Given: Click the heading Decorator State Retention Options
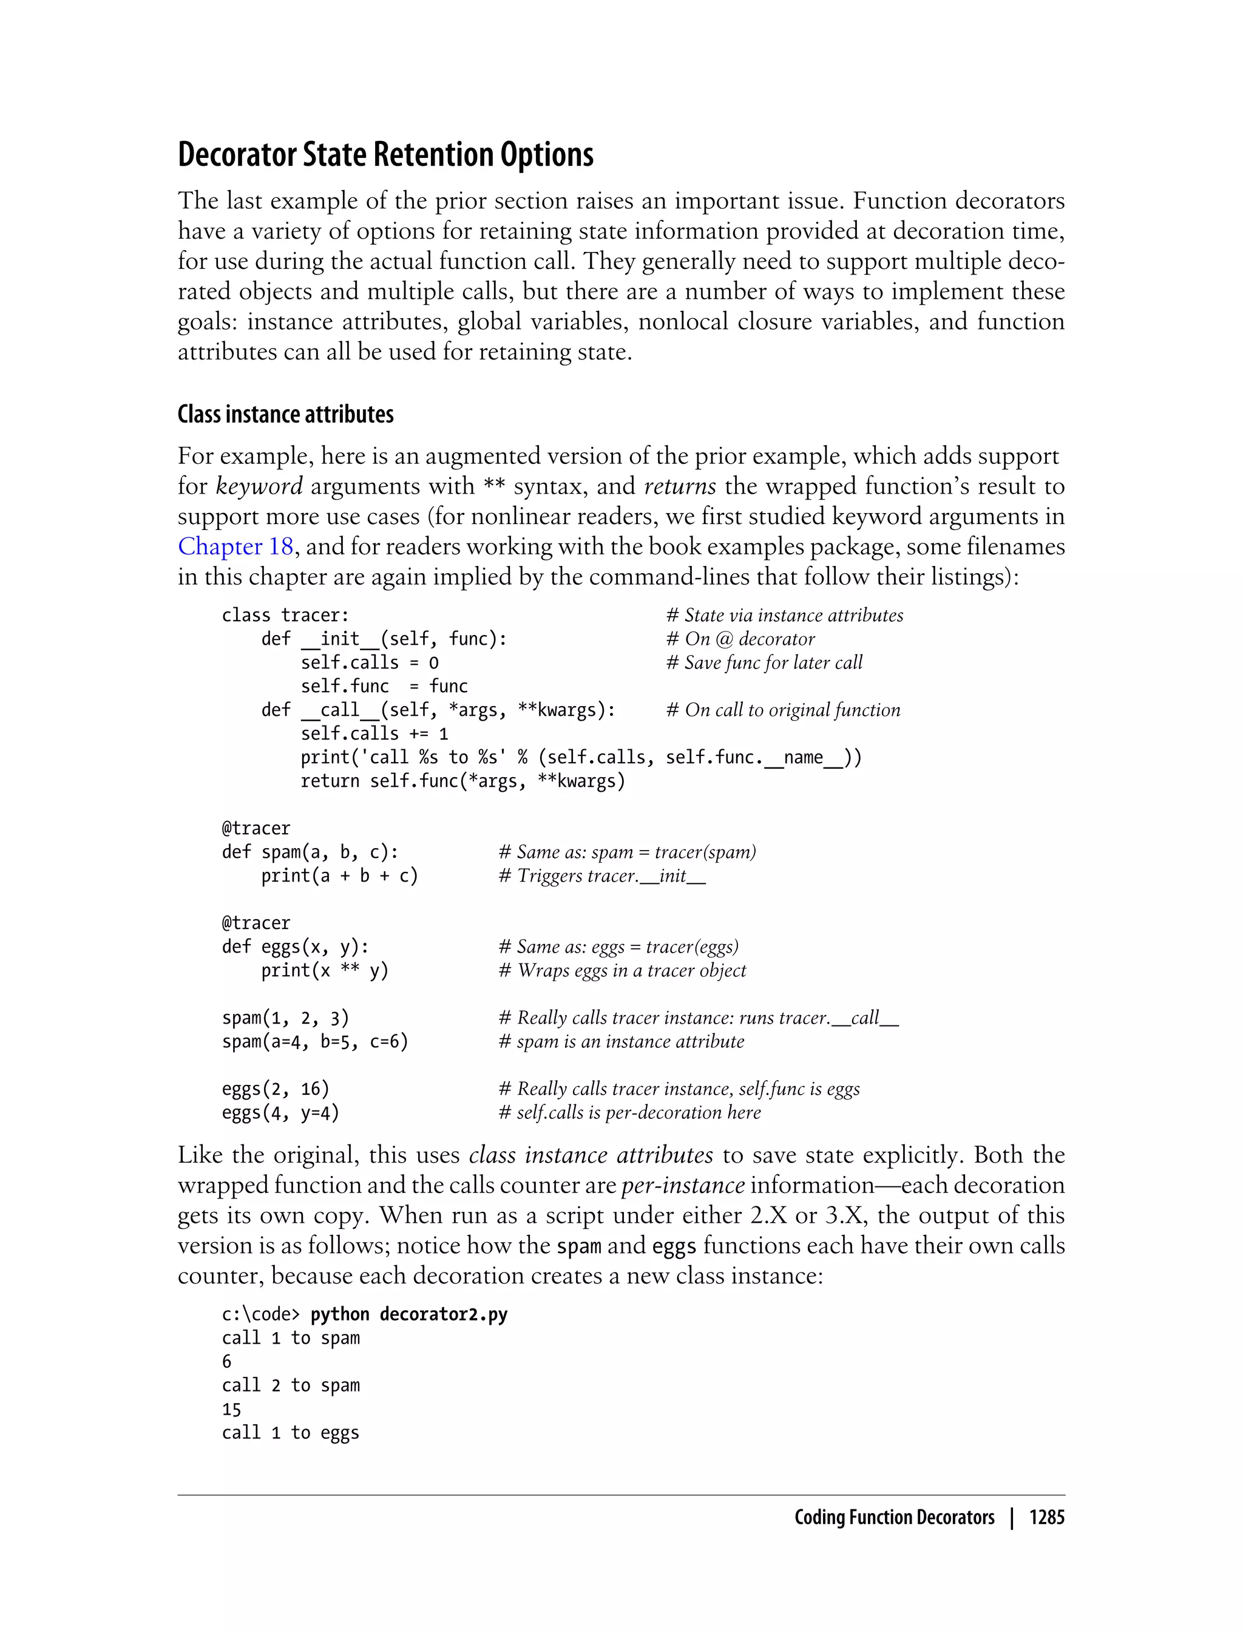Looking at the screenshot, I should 385,155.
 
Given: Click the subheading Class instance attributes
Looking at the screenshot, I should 286,415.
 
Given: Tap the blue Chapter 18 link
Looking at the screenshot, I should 236,546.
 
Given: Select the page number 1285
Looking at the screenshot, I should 1046,1517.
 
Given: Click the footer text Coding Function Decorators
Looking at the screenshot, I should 894,1517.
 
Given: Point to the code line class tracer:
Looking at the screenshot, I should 285,615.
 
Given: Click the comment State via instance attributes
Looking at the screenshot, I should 785,615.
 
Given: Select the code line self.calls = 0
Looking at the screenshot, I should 369,662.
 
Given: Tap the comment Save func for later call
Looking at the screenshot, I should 764,662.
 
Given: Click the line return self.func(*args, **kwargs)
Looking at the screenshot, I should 462,781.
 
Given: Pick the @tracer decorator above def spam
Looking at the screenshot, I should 256,828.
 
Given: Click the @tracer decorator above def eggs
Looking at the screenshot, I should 256,923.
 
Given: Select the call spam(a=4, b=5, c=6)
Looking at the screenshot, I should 315,1041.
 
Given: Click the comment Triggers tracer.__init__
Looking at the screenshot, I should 602,875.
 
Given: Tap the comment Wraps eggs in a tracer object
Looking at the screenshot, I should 622,970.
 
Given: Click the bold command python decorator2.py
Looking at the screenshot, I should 408,1314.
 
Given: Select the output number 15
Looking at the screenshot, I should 232,1409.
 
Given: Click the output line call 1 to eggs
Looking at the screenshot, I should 290,1433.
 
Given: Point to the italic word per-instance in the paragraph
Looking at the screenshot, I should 682,1185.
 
